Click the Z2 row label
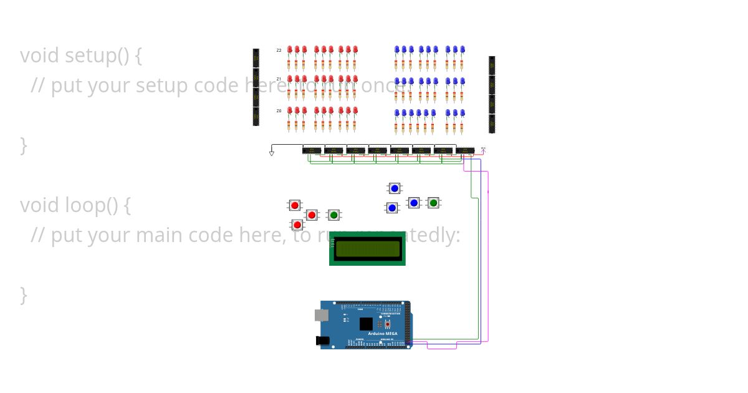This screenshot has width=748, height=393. click(x=279, y=51)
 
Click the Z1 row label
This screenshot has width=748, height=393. click(x=279, y=79)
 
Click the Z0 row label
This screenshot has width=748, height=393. click(x=279, y=110)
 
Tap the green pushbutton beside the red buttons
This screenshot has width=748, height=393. click(x=333, y=215)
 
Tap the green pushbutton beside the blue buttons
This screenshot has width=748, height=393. click(x=433, y=203)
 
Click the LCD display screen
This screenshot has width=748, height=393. click(x=367, y=249)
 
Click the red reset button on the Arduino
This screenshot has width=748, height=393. click(x=388, y=324)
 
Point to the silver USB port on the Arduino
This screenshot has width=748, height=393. click(x=321, y=315)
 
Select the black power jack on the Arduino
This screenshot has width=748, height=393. click(x=322, y=341)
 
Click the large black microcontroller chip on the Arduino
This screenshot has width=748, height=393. click(x=366, y=324)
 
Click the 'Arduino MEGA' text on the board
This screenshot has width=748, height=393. click(x=382, y=334)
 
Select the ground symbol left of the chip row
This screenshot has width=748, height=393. click(x=272, y=153)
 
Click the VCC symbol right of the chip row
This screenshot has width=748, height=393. click(x=483, y=149)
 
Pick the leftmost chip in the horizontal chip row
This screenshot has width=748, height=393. click(x=312, y=150)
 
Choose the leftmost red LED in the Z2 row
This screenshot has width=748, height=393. click(x=289, y=49)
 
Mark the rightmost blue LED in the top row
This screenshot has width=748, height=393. click(x=463, y=49)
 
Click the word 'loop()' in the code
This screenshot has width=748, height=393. click(x=92, y=205)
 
